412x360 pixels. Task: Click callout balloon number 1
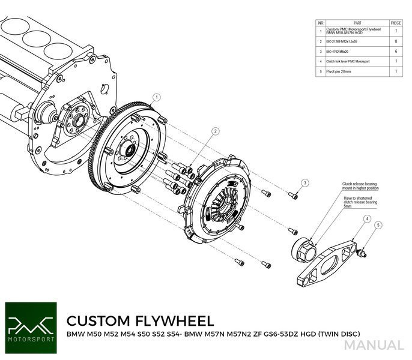pos(157,97)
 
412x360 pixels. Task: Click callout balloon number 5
pos(378,226)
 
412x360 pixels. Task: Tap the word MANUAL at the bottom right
pos(374,346)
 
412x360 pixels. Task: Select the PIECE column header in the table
pos(396,22)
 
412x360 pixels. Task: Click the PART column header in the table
pos(357,22)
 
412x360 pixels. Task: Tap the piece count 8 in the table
pos(396,41)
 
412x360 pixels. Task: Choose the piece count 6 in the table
pos(396,51)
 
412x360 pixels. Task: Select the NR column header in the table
pos(321,22)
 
